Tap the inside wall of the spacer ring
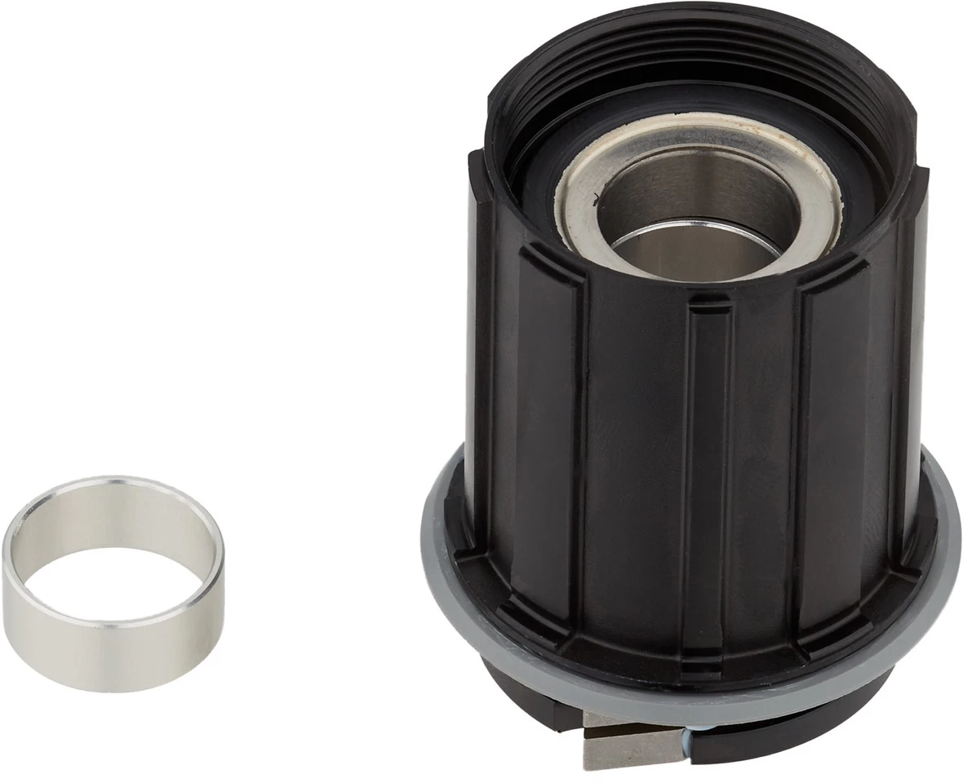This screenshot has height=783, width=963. [x=114, y=522]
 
